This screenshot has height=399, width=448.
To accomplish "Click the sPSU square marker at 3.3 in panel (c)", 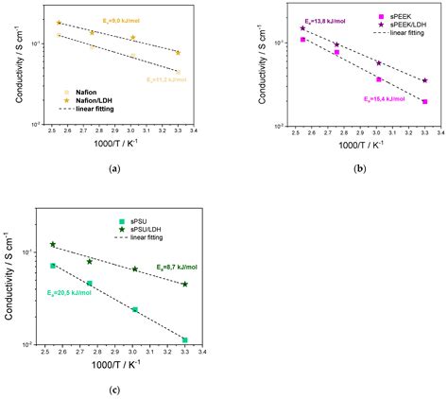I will click(x=185, y=339).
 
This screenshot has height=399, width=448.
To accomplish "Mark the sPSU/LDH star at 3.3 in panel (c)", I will click(x=185, y=284).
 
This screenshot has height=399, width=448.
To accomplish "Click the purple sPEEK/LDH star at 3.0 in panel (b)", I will click(x=379, y=63).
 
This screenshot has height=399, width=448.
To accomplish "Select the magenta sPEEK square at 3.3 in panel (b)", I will click(x=425, y=101).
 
